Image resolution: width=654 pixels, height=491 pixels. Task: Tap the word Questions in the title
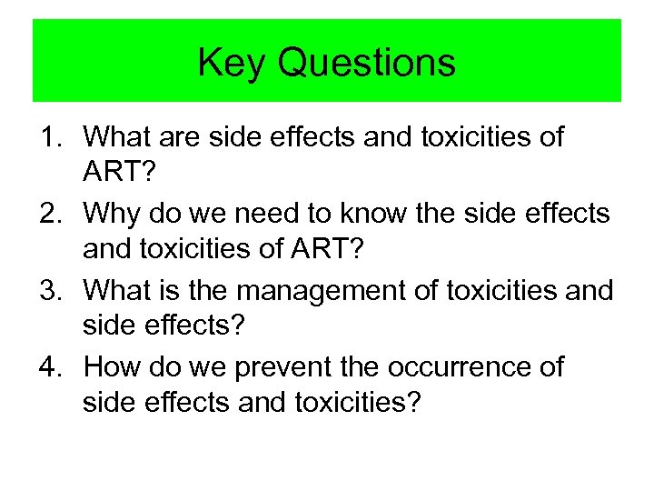[367, 63]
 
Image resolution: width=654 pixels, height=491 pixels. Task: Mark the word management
[311, 291]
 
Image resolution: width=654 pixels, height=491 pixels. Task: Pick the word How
[110, 367]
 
